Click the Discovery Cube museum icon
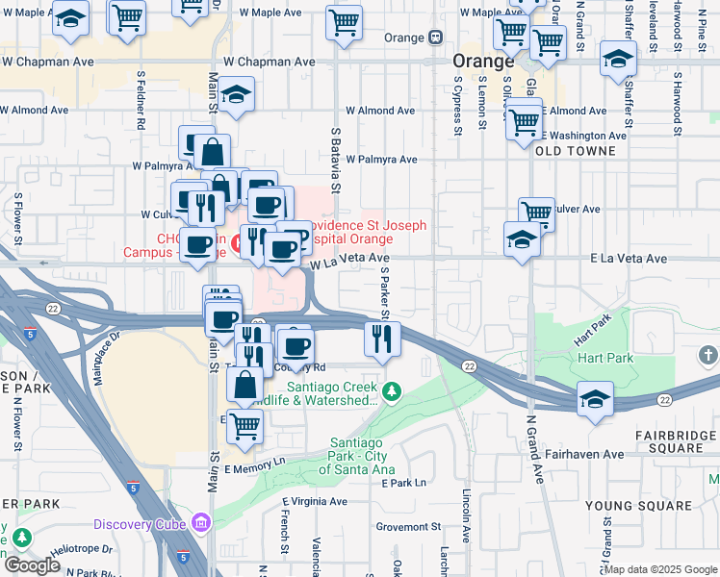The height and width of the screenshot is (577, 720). tap(201, 524)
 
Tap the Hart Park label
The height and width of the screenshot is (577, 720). tap(605, 358)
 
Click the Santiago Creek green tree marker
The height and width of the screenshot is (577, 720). tap(391, 391)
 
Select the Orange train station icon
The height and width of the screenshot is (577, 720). tap(435, 38)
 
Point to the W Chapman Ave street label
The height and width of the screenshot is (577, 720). tap(270, 62)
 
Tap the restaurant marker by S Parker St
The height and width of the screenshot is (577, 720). tap(382, 339)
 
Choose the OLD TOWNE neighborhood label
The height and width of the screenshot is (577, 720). tap(576, 152)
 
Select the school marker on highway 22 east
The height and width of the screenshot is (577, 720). tap(595, 398)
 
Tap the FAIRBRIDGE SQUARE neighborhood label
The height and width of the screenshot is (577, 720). tap(676, 442)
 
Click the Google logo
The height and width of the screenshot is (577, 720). tap(32, 565)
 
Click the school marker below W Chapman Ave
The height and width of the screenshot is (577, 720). tap(234, 95)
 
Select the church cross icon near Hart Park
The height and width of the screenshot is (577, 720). tap(708, 355)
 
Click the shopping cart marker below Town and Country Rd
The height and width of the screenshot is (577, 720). tap(245, 424)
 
